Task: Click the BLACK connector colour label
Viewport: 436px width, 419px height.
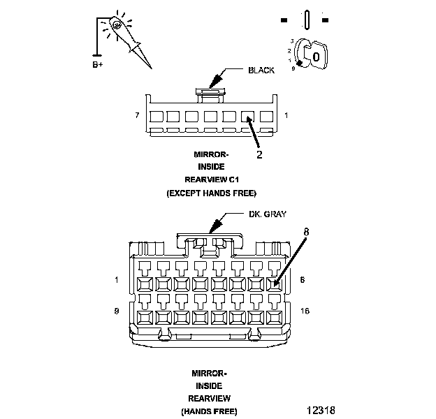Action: point(261,71)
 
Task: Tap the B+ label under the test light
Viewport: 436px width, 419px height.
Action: point(98,64)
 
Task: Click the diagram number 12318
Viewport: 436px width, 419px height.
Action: point(320,407)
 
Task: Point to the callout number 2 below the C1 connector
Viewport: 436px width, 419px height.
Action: point(259,154)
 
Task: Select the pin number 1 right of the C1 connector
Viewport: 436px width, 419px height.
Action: point(286,115)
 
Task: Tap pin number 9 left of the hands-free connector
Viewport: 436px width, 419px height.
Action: point(116,309)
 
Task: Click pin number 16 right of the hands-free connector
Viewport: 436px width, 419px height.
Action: point(305,309)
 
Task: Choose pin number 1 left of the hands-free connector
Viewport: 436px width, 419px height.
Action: point(116,281)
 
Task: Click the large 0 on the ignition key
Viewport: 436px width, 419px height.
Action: point(316,55)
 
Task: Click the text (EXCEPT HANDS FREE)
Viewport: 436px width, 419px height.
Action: point(211,192)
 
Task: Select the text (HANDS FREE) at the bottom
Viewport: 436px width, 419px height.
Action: point(209,411)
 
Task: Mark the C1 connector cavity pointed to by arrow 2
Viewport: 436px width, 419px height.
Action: point(247,117)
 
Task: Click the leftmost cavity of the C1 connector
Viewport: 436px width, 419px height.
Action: point(157,117)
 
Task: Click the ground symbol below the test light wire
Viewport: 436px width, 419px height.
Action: point(97,54)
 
